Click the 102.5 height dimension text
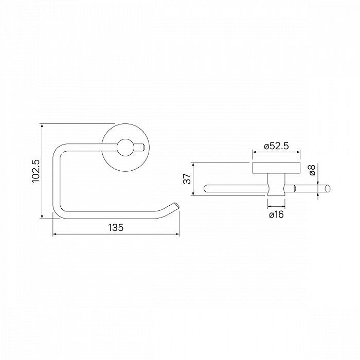[35, 171]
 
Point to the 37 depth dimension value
[188, 179]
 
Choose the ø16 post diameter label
[276, 214]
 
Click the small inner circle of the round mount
[124, 149]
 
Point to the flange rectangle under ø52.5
[276, 168]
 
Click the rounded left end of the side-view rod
[207, 189]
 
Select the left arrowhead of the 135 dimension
[55, 236]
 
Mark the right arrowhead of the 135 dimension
[177, 236]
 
